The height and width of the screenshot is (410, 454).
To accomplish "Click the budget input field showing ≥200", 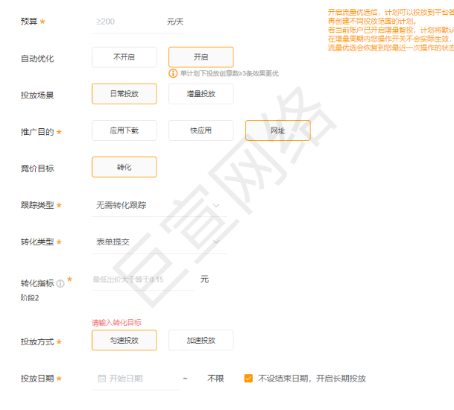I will coord(127,22).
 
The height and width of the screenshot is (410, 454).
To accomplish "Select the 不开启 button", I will coord(124,57).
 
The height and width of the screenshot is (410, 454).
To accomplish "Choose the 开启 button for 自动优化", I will coord(201,57).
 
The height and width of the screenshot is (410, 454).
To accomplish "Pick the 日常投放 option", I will coord(124,94).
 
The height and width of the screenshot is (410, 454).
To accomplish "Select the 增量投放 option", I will coord(201,94).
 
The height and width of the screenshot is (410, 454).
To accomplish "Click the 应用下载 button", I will coord(124,130).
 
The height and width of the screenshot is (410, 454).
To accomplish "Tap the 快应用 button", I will coord(201,130).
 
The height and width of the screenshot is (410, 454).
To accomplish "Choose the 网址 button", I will coord(277,130).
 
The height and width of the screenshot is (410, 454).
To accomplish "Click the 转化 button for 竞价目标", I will coord(124,167).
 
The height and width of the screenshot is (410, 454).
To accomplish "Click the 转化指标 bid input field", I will coord(142,280).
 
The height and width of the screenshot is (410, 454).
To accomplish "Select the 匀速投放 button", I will coord(124,340).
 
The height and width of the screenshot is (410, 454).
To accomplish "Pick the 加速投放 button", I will coord(201,340).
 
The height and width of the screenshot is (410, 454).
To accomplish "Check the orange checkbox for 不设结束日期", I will coord(248,379).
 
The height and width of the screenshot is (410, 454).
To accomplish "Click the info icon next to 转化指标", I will coord(60,283).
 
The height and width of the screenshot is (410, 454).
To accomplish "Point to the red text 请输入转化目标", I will coord(116,323).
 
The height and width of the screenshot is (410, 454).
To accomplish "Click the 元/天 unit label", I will coord(176,22).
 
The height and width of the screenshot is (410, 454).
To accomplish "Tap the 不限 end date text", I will coord(215,379).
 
